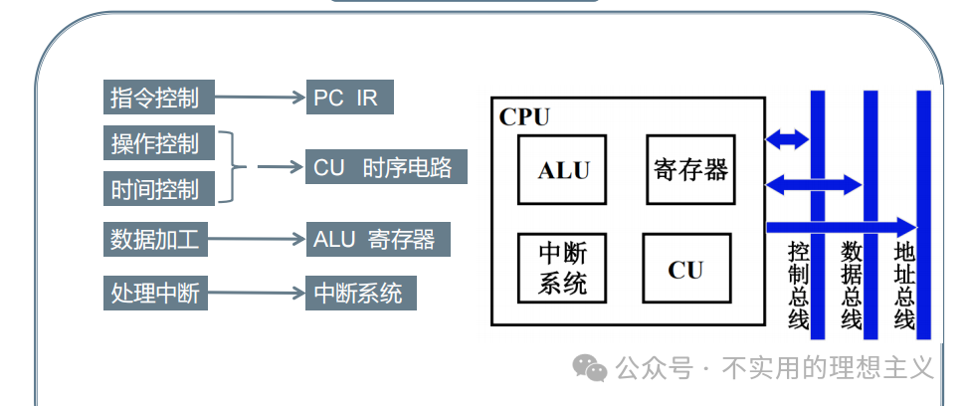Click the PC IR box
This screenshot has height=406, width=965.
[348, 98]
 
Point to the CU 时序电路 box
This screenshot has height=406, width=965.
[385, 167]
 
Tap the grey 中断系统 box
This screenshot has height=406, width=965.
[359, 294]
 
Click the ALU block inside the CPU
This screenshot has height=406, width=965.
[563, 170]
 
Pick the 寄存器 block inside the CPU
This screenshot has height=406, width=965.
[691, 170]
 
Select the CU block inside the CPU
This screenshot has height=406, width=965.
[685, 269]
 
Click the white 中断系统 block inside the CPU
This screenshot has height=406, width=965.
[563, 269]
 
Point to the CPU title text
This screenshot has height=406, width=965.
[524, 117]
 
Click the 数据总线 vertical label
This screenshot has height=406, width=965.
[852, 285]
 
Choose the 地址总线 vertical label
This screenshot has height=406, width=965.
[904, 285]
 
